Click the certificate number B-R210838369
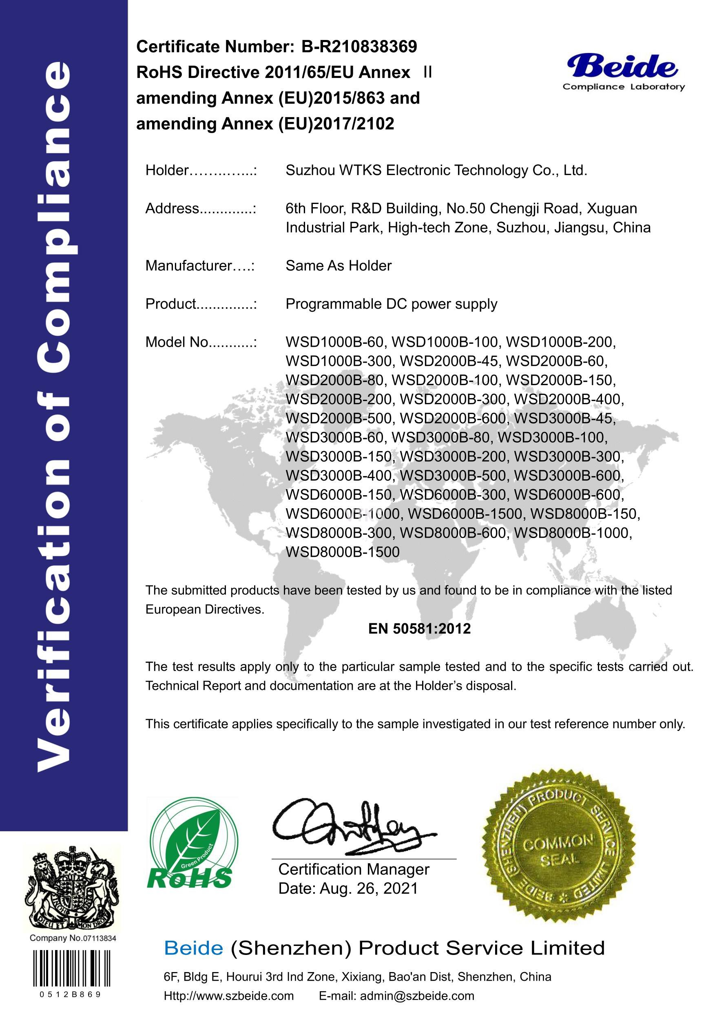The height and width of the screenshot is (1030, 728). pos(359,47)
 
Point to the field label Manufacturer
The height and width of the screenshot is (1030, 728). pos(188,266)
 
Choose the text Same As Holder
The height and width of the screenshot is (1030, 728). pos(338,266)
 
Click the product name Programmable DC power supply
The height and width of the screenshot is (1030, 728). pos(391,304)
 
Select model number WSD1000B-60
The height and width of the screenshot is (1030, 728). pos(334,342)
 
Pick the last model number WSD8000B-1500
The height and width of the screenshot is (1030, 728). pos(342,552)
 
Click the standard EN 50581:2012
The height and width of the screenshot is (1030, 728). pos(419,629)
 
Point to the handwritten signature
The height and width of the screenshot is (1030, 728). pos(345,828)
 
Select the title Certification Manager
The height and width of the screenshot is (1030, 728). pos(354,869)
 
